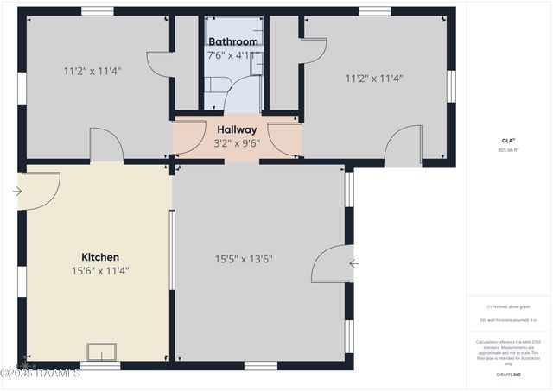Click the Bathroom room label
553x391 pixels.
[232, 41]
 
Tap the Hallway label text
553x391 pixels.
[237, 129]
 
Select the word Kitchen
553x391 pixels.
[100, 257]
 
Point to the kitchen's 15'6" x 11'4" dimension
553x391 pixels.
[100, 271]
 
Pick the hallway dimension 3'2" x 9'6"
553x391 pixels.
[237, 142]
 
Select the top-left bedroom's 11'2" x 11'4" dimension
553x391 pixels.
[92, 71]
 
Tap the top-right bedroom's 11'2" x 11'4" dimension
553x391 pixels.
[374, 78]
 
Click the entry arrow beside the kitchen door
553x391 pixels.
[17, 192]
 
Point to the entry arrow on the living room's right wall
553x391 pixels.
[354, 263]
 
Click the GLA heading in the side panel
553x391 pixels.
[507, 140]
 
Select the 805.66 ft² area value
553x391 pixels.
[507, 149]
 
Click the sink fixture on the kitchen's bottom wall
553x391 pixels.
[102, 351]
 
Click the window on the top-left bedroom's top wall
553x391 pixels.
[98, 10]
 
